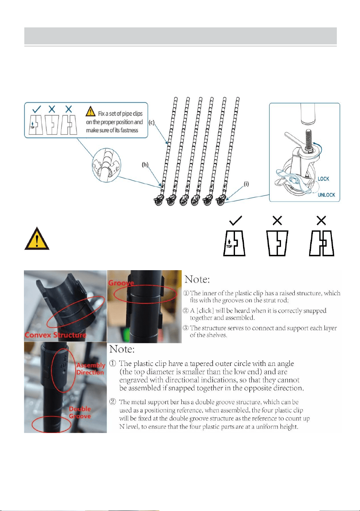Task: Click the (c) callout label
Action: coord(152,122)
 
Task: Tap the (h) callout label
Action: coord(145,164)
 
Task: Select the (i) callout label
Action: coord(246,184)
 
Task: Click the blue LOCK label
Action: coord(323,179)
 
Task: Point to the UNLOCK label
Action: coord(326,195)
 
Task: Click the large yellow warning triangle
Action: coord(37,239)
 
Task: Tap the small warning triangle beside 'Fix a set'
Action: coord(90,111)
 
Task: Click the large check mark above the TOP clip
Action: coord(235,221)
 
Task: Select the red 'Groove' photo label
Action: coord(121,283)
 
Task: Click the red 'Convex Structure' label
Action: coord(56,335)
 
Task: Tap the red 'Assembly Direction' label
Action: coord(91,369)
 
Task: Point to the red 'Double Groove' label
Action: coord(80,413)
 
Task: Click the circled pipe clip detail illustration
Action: coord(106,165)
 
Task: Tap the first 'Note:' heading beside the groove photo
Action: coord(197,279)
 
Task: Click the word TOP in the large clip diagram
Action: coord(229,246)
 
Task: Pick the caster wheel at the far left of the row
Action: coord(159,201)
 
